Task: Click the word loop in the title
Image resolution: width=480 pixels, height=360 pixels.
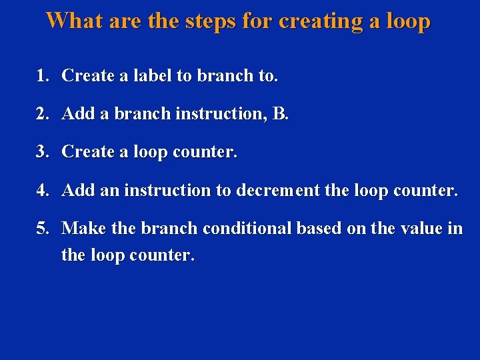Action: [x=406, y=22]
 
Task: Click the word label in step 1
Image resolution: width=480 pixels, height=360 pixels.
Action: [x=153, y=76]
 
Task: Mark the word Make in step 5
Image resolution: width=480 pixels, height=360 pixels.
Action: [x=85, y=229]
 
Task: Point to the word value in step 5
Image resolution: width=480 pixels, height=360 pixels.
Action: [x=421, y=229]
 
